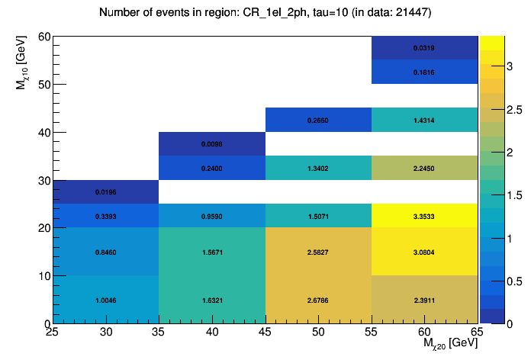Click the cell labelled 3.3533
(424, 216)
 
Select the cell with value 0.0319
(424, 48)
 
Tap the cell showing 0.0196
(105, 192)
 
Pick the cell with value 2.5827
(318, 252)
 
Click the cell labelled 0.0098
(212, 144)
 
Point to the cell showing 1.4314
(424, 121)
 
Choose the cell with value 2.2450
(424, 168)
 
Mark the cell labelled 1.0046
(105, 300)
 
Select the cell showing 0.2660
(318, 121)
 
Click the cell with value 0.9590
(212, 216)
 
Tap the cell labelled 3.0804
(424, 252)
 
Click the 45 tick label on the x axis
(265, 333)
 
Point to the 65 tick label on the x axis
(477, 333)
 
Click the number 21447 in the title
(410, 12)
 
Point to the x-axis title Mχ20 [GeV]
(450, 345)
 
